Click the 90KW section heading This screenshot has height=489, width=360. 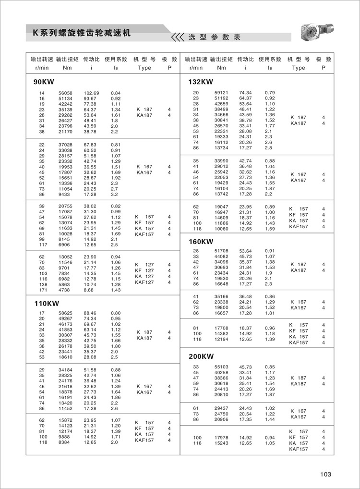43,82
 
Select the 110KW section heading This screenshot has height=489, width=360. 46,303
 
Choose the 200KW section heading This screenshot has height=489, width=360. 201,356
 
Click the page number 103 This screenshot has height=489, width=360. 325,474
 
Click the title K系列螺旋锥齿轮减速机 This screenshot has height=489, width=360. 81,34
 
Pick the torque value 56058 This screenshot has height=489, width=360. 65,93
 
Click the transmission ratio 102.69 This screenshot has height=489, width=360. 91,93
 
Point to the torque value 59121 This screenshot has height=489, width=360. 221,93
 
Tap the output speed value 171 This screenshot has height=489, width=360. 42,290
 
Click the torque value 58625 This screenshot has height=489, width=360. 65,313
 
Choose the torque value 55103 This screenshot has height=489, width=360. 221,367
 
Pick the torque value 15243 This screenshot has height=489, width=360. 221,443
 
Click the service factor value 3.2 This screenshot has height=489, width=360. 114,196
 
